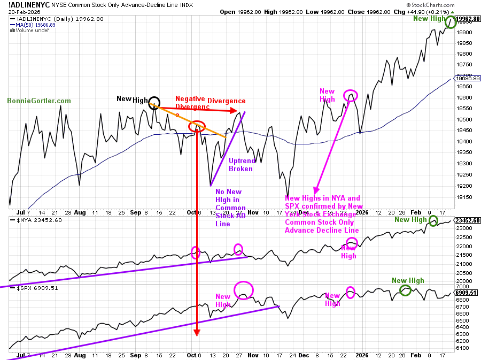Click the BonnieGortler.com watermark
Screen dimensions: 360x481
39,101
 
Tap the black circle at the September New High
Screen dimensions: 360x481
154,102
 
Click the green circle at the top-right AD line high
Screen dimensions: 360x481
450,22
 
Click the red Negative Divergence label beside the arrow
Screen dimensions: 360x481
211,101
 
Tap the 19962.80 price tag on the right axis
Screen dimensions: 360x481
468,19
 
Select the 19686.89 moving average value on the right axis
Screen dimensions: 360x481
468,78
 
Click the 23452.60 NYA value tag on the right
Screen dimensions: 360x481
468,220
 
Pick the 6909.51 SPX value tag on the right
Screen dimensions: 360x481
468,293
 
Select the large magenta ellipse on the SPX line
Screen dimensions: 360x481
243,289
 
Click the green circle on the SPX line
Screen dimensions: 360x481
406,290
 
